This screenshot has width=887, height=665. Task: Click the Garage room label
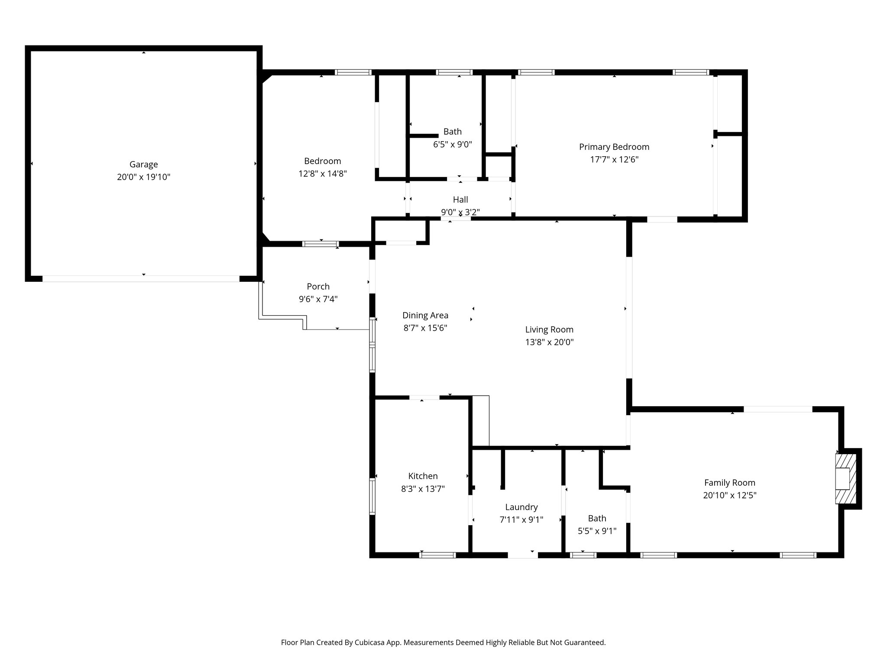pos(143,165)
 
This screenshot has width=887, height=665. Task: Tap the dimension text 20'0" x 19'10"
pos(143,177)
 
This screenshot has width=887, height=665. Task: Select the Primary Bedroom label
pos(614,147)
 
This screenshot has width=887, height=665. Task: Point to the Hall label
pos(460,200)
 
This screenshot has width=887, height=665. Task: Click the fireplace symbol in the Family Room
pos(845,478)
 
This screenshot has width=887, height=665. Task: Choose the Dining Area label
pos(425,316)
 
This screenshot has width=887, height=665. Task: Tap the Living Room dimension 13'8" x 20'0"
pos(549,342)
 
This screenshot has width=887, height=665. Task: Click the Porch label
pos(318,287)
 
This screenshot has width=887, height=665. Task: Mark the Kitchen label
pos(423,476)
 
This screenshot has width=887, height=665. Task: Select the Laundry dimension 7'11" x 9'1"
pos(521,520)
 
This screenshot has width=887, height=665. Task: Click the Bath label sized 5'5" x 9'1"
pos(597,518)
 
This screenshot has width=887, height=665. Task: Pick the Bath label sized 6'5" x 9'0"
pos(452,132)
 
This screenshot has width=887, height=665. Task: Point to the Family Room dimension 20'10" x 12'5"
pos(729,495)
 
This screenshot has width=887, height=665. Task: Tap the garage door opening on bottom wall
pos(141,279)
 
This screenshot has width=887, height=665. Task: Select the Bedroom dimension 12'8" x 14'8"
pos(322,174)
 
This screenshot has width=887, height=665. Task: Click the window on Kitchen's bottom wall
pos(437,555)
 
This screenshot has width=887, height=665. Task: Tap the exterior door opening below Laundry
pos(523,555)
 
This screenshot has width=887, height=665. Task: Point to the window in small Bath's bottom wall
pos(583,555)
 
